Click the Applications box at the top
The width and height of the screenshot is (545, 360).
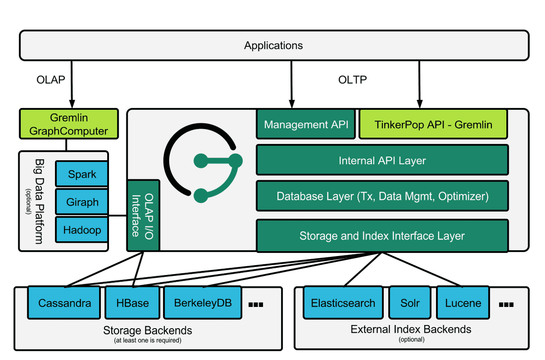click(x=274, y=45)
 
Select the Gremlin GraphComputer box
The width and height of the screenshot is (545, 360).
click(x=69, y=124)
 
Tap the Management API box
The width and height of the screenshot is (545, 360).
click(x=306, y=124)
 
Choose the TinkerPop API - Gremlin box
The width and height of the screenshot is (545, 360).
click(x=433, y=124)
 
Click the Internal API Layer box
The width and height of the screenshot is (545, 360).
click(x=382, y=160)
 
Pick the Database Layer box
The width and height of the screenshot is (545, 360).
click(x=382, y=196)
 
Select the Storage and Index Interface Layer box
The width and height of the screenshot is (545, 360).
click(x=382, y=236)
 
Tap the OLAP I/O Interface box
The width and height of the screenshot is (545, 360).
click(x=144, y=216)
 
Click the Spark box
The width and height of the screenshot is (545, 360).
click(x=82, y=174)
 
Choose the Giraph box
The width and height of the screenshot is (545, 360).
click(x=82, y=202)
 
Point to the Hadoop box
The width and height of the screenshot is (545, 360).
click(x=82, y=230)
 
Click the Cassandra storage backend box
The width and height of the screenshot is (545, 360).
click(x=64, y=303)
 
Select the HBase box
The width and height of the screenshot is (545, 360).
click(x=132, y=303)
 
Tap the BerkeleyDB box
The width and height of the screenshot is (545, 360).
click(x=203, y=303)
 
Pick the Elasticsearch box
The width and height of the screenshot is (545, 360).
click(x=343, y=303)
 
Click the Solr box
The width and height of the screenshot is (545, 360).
click(x=410, y=303)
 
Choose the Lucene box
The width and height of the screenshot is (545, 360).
click(x=463, y=303)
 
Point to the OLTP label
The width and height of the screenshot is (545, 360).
click(x=352, y=79)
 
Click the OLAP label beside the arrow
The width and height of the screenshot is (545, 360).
click(x=51, y=79)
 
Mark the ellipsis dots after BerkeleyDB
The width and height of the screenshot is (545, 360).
click(x=256, y=305)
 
